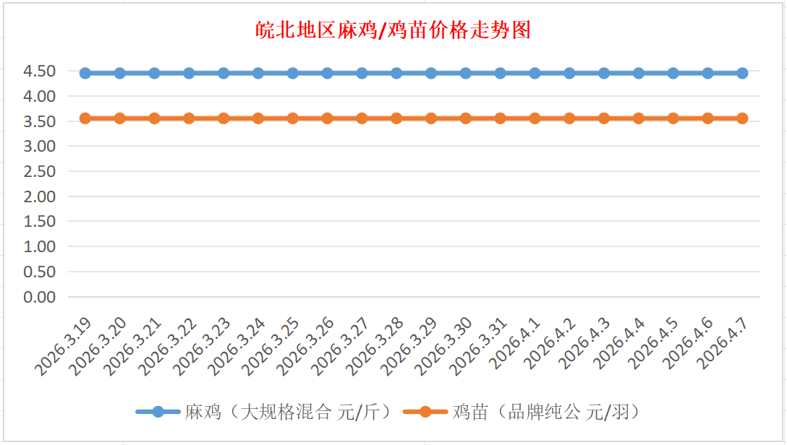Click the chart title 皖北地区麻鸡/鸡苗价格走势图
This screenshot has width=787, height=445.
394,30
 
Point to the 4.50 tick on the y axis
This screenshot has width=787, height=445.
41,71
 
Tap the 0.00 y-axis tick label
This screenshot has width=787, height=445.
41,297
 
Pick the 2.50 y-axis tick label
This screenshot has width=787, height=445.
41,171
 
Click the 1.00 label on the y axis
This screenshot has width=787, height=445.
41,246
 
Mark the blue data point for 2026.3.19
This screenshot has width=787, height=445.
85,73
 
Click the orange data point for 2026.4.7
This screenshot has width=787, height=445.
742,118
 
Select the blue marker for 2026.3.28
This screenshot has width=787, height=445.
396,73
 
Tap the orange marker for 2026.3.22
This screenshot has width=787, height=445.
189,118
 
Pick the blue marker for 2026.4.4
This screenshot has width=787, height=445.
639,73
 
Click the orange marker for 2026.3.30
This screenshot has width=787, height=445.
466,118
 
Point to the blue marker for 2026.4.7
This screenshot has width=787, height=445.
742,73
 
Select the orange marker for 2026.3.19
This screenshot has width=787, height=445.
85,118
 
